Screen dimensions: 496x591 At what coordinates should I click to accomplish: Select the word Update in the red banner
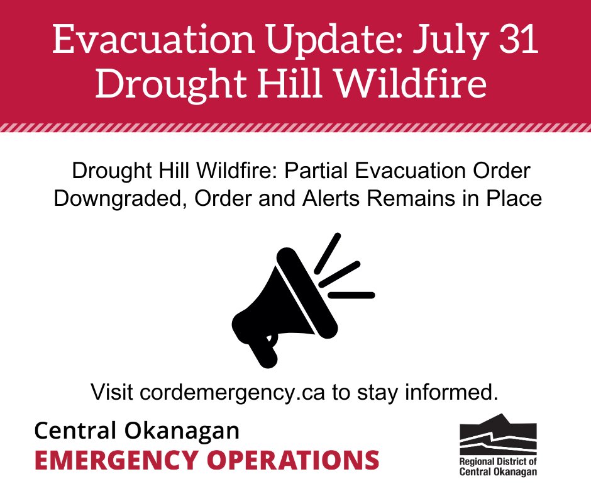(x=307, y=41)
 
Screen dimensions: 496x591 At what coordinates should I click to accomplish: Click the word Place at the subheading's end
(x=513, y=198)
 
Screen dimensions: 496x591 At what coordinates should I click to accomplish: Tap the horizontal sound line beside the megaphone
(x=351, y=295)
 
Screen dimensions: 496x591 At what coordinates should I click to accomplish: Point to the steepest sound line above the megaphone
(x=327, y=250)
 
